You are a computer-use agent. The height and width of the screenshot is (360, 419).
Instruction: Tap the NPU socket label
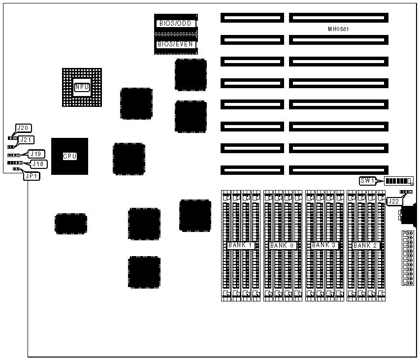point(82,87)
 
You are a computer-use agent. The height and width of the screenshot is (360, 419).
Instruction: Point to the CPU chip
point(69,156)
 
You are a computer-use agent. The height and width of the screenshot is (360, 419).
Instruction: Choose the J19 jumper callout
point(36,153)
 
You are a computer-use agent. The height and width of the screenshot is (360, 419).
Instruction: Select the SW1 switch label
point(368,181)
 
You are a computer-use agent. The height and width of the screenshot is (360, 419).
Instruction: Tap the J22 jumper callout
point(394,201)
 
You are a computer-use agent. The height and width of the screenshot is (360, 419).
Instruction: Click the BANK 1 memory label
point(241,245)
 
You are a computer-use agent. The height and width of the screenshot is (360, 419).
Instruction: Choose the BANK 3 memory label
point(324,245)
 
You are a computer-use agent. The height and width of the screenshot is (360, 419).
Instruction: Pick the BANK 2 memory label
point(365,245)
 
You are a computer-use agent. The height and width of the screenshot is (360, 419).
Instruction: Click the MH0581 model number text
point(339,29)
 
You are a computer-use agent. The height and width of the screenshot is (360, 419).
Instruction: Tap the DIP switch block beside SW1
point(398,181)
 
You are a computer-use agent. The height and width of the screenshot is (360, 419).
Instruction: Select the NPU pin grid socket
point(82,87)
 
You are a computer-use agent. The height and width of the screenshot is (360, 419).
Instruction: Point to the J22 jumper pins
point(407,191)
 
